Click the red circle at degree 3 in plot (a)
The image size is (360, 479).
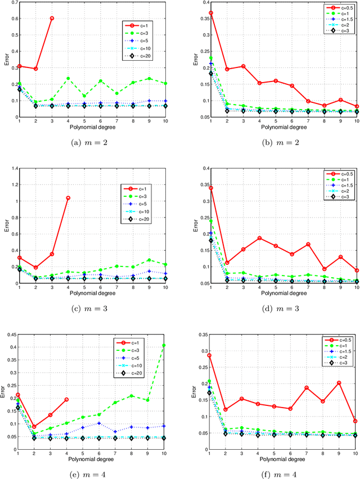point(52,18)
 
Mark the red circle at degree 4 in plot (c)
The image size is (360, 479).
point(67,198)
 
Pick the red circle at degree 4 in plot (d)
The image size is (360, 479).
point(260,238)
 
